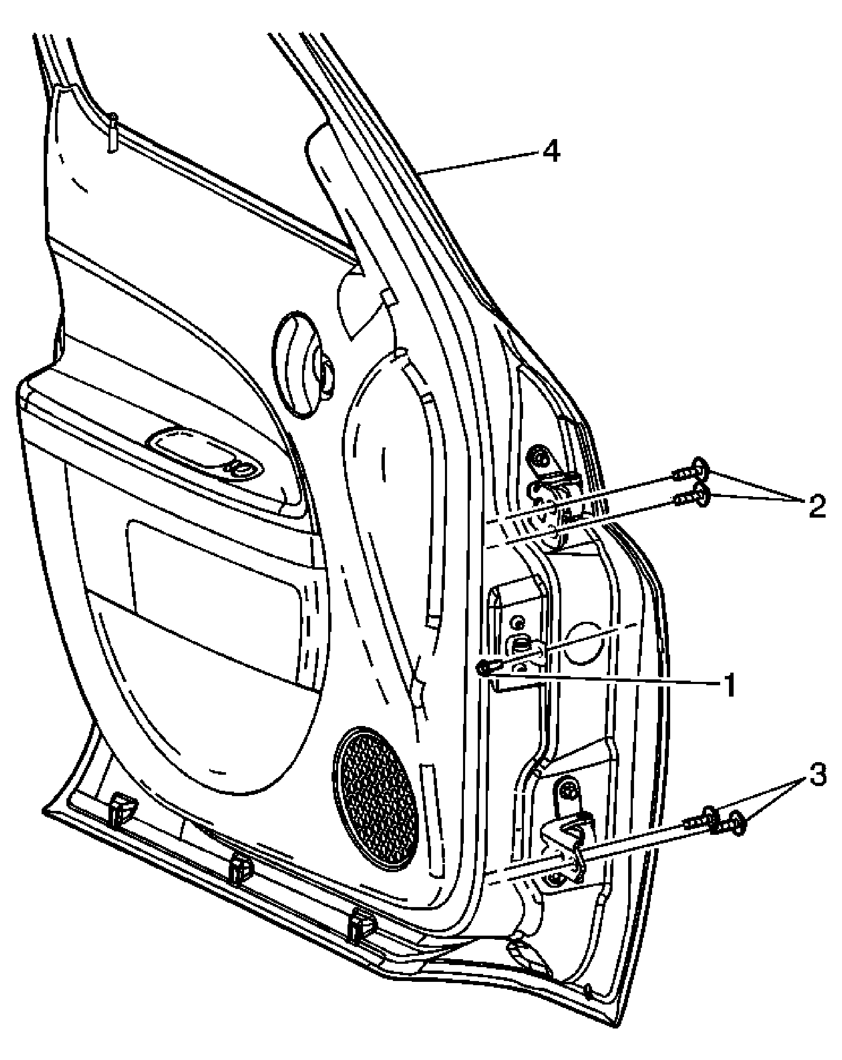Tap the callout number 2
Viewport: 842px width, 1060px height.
tap(816, 506)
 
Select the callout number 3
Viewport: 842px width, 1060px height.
tap(817, 776)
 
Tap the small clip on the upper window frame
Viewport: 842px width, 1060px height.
tap(113, 133)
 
